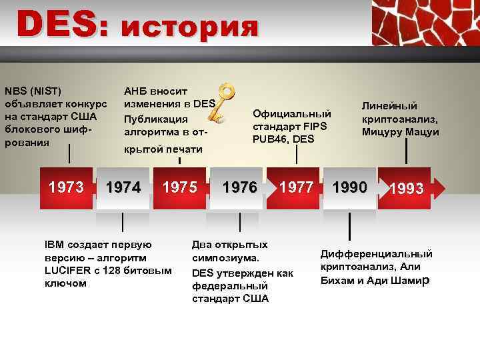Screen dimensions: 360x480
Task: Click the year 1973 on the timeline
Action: coord(66,187)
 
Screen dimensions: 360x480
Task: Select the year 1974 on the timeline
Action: coord(123,188)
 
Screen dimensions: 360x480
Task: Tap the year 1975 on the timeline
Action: coord(181,187)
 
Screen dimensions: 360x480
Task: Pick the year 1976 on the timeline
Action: coord(239,187)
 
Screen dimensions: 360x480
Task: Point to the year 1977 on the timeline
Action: coord(297,187)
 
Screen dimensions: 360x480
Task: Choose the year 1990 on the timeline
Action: coord(350,187)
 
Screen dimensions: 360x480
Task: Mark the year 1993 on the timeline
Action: coord(407,189)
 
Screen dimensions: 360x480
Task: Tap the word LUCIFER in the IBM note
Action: coord(67,270)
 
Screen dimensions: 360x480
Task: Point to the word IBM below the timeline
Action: coord(55,245)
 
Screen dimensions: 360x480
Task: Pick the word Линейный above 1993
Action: coord(389,105)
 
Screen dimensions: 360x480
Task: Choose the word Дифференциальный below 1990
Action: coord(377,254)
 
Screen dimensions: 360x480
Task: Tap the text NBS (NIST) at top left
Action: coord(33,91)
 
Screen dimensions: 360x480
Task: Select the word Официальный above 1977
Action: coord(292,113)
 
